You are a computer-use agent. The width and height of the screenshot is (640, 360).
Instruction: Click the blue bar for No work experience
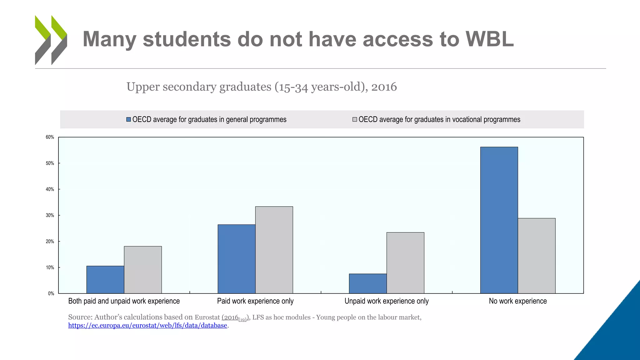499,220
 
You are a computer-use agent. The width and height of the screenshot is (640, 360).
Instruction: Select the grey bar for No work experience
536,256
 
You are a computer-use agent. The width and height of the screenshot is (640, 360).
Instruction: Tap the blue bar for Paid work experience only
236,259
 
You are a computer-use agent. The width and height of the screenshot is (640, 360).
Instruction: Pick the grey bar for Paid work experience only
274,250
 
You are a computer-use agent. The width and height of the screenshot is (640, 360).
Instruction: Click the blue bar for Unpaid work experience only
367,283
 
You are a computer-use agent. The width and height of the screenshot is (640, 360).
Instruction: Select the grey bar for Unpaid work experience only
405,262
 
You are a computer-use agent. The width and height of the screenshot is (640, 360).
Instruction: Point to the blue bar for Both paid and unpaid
105,279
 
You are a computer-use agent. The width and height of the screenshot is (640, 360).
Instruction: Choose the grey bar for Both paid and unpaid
142,270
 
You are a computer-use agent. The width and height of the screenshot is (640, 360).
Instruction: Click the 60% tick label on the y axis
50,137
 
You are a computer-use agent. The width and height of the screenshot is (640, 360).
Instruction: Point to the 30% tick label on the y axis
50,215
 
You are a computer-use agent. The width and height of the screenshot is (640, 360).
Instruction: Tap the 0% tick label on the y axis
51,293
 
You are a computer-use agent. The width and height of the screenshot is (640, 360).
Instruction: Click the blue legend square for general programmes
128,119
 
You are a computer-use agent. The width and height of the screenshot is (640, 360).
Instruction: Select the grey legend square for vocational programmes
355,119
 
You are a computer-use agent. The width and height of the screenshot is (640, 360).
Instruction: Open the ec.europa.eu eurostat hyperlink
147,325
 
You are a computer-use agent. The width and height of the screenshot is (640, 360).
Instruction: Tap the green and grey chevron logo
51,40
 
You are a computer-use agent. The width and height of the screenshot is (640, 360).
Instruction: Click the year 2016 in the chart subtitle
384,87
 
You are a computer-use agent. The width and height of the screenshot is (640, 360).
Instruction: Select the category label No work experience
517,301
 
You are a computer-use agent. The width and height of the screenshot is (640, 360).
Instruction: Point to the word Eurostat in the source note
207,317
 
